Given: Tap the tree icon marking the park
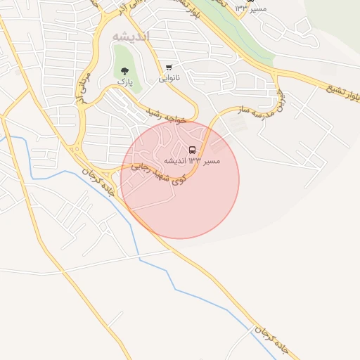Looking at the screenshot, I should pyautogui.click(x=124, y=70).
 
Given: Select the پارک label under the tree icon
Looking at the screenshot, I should pyautogui.click(x=124, y=82).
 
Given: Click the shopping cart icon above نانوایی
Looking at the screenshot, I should pyautogui.click(x=169, y=67).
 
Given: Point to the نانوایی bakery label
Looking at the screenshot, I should pyautogui.click(x=169, y=78).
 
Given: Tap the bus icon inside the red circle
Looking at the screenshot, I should pyautogui.click(x=192, y=150).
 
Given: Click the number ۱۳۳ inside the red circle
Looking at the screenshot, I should pyautogui.click(x=196, y=161).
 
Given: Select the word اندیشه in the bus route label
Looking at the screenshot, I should pyautogui.click(x=176, y=161).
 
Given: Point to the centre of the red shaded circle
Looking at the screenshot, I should pyautogui.click(x=180, y=179).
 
